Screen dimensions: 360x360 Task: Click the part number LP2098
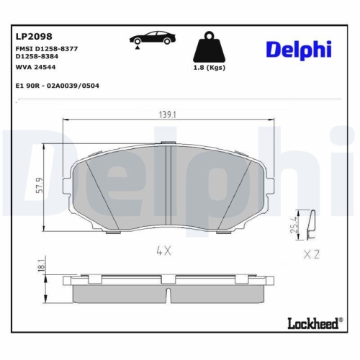point(34,35)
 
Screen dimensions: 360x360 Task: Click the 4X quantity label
point(163,251)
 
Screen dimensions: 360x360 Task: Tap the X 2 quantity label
point(312,253)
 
